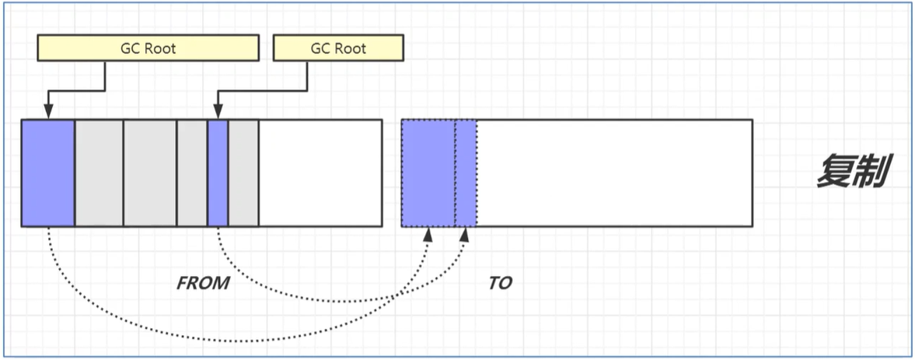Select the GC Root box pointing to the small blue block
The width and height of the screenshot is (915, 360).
(338, 48)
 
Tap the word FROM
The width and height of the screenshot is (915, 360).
(204, 283)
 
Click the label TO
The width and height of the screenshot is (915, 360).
(501, 283)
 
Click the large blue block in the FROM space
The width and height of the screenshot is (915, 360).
(48, 173)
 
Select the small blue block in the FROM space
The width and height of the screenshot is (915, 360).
(218, 173)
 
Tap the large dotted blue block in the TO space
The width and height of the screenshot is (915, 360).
(428, 173)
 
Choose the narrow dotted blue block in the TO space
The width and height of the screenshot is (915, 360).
(465, 173)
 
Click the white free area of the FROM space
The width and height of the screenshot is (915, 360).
(320, 173)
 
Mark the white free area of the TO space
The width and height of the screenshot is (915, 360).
(613, 173)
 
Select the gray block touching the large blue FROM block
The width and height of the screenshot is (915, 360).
(99, 173)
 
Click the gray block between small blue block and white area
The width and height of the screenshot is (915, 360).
(243, 173)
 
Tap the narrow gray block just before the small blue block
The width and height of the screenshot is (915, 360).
(192, 173)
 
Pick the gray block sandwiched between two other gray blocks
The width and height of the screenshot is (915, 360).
(150, 173)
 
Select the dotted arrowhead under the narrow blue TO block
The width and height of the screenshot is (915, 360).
(466, 233)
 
